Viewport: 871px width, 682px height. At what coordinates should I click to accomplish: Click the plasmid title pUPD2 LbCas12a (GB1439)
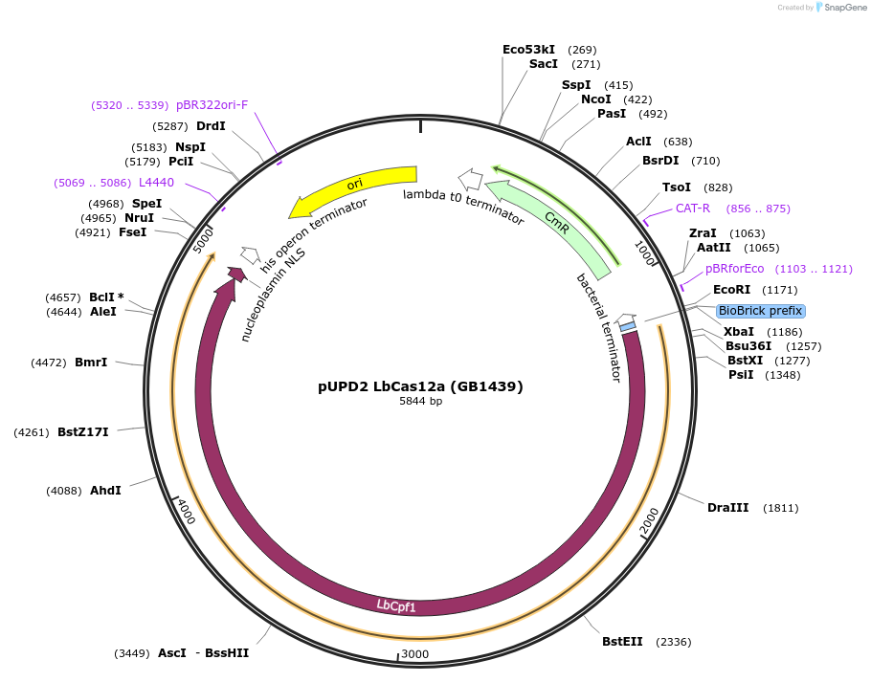point(420,386)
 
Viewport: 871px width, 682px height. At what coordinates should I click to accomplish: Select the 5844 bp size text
point(420,402)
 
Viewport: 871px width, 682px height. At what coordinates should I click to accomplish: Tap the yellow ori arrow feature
point(354,187)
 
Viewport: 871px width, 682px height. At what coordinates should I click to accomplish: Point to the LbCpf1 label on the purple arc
point(395,605)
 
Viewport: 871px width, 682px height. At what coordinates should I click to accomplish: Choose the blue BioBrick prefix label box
point(761,311)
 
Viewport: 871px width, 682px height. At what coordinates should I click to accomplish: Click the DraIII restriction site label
point(727,507)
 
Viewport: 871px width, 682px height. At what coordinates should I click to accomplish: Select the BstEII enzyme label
point(622,641)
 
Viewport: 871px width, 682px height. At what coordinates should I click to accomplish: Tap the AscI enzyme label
point(172,653)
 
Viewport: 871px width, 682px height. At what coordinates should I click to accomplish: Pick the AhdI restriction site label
point(105,491)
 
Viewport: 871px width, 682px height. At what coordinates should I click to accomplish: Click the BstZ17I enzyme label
point(83,432)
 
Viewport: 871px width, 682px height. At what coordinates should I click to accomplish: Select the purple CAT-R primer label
point(693,209)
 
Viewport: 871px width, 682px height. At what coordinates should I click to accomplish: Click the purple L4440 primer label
point(156,182)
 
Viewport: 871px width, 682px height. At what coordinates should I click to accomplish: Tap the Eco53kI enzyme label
point(528,49)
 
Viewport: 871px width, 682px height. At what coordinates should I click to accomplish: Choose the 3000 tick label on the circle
point(415,654)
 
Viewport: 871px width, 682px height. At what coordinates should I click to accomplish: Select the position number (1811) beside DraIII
point(780,508)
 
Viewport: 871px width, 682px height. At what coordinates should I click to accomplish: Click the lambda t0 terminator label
point(463,208)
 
